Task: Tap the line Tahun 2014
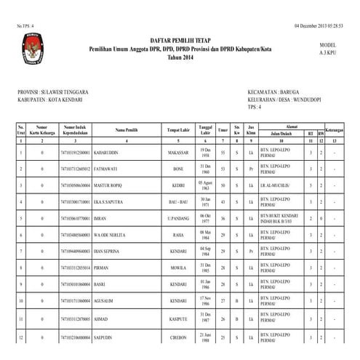coord(178,57)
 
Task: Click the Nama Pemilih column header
coord(127,130)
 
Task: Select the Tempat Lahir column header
coord(177,130)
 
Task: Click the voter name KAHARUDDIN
coord(108,153)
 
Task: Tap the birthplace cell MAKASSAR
coord(178,153)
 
